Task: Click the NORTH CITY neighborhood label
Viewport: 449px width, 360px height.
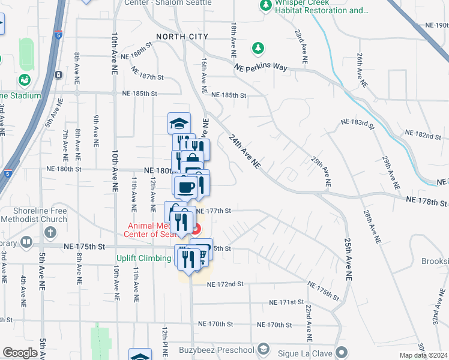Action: point(182,37)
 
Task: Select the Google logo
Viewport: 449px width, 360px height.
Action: point(20,353)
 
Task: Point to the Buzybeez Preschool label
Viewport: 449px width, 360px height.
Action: point(217,349)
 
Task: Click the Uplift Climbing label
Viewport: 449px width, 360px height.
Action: point(144,259)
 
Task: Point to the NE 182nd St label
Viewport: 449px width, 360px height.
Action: point(423,134)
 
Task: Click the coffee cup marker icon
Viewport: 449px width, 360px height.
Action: point(187,186)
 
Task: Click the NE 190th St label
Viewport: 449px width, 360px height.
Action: point(436,25)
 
